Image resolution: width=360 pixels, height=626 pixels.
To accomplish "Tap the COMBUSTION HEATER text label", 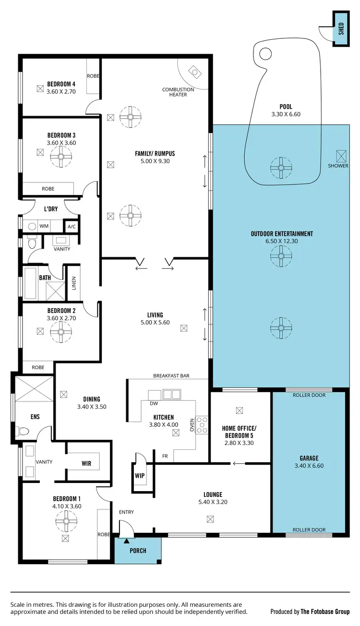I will (x=178, y=92).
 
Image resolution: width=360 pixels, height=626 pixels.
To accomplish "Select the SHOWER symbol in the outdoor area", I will (x=341, y=156).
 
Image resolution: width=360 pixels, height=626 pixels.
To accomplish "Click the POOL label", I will (x=286, y=107).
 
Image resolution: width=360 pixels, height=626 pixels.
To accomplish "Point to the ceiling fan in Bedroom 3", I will (x=61, y=156).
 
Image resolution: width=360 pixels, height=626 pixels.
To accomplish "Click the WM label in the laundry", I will (x=44, y=226).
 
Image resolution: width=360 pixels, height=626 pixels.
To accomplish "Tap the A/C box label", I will (x=72, y=226).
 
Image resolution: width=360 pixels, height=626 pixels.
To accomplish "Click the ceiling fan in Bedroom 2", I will (x=61, y=331).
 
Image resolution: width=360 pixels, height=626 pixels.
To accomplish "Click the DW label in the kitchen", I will (x=154, y=403).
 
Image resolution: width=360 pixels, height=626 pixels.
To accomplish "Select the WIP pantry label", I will (x=140, y=476).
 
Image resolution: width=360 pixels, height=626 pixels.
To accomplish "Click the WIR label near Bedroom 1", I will (x=86, y=464).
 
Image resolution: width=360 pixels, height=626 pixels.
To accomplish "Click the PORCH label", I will (x=138, y=550).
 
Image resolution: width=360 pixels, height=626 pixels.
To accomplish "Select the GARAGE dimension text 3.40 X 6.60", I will (x=309, y=466).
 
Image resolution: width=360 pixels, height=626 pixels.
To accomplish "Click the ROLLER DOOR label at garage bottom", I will (x=309, y=530).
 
